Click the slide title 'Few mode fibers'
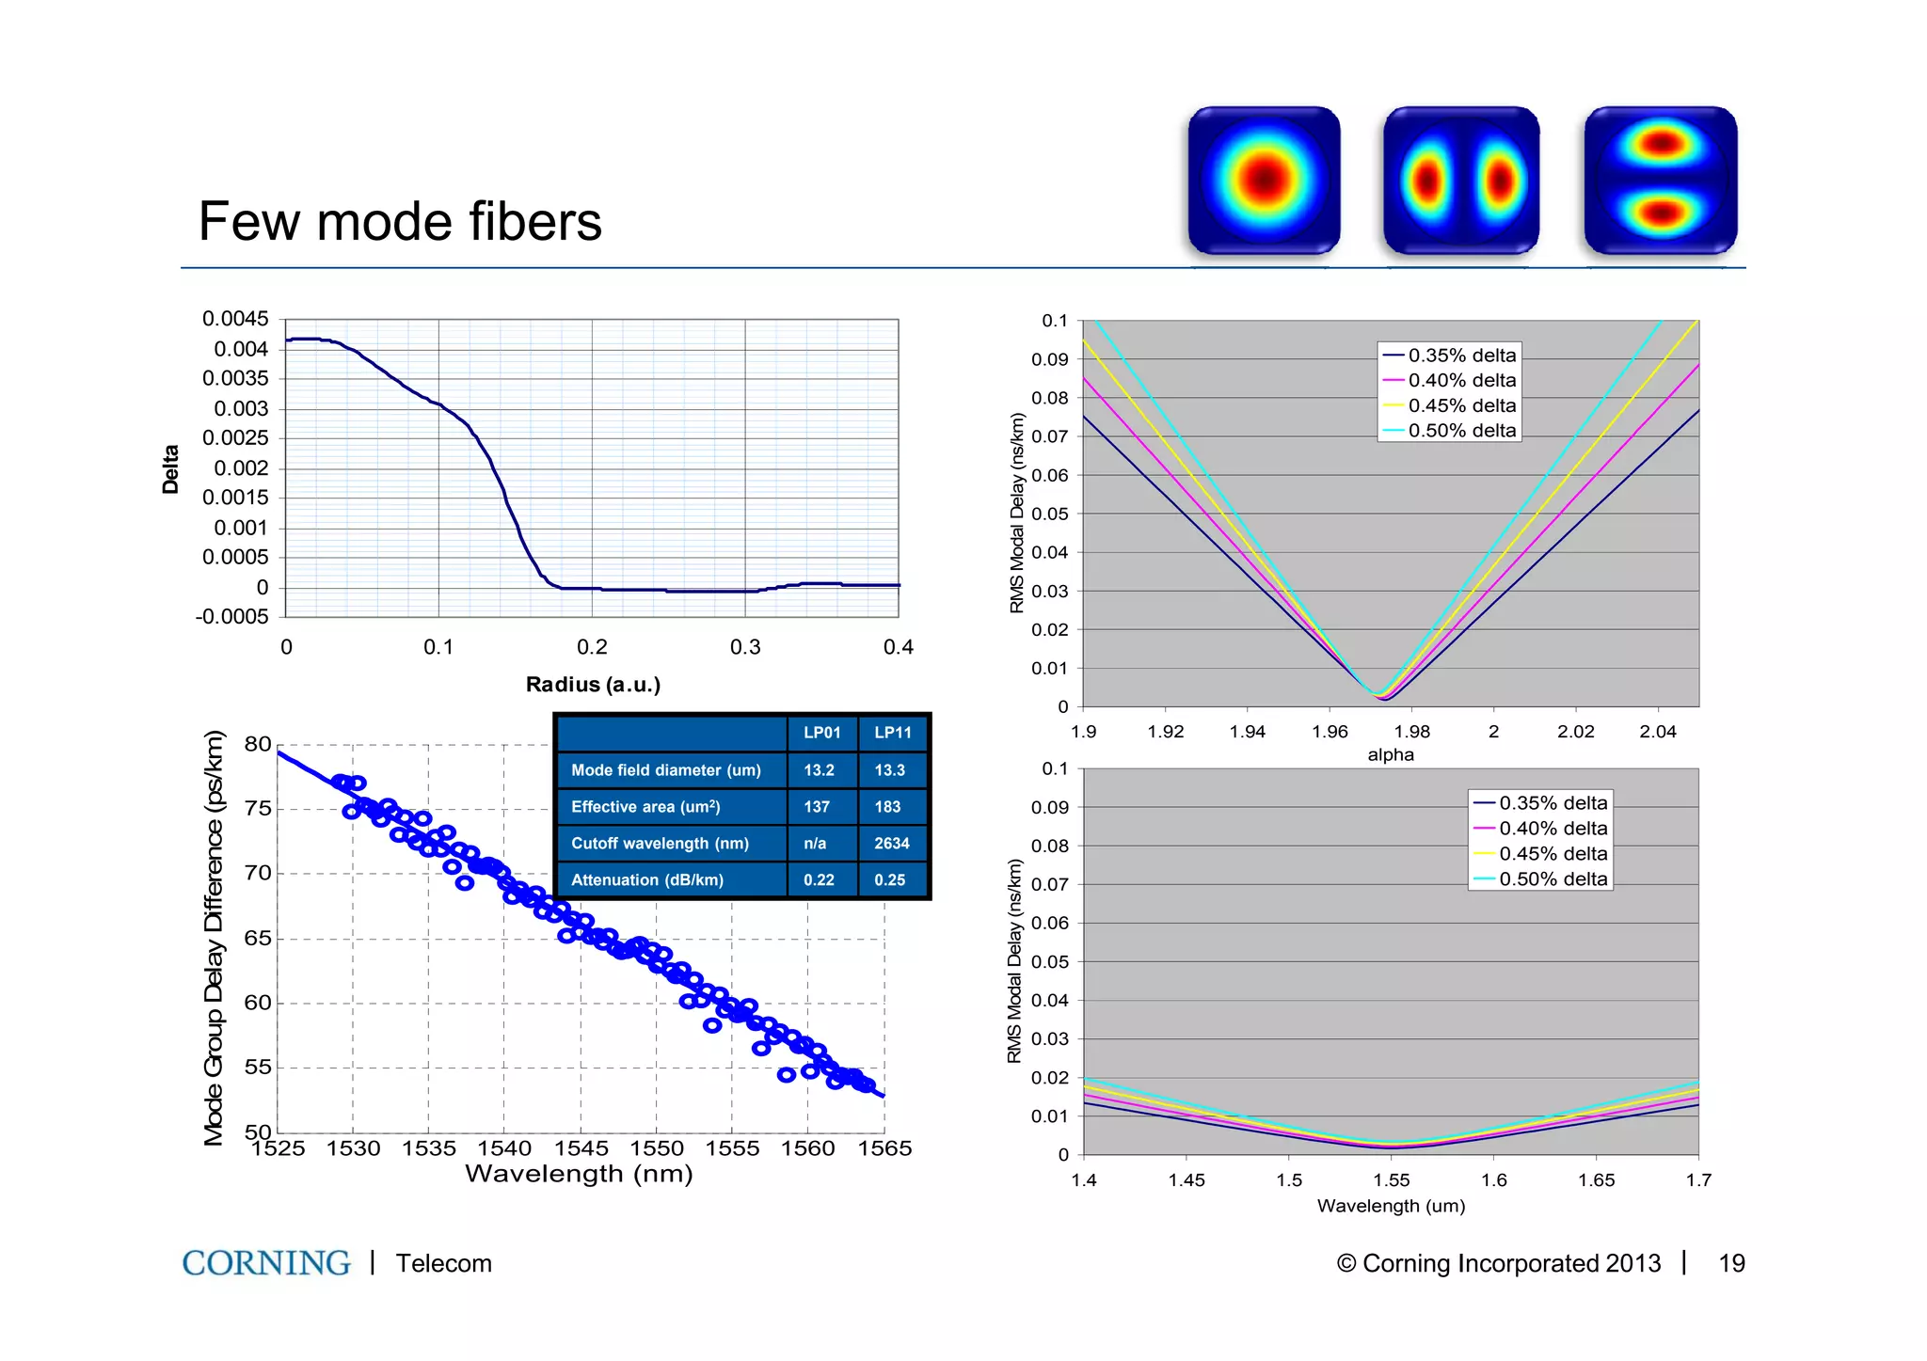pos(400,222)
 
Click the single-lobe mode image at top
pos(1264,180)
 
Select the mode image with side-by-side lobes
pos(1461,180)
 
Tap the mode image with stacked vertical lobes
pos(1661,180)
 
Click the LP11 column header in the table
pos(893,733)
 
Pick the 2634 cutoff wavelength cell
pos(892,844)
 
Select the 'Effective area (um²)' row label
pos(645,807)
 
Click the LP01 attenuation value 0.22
pos(819,880)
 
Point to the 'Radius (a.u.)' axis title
pos(593,685)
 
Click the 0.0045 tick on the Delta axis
pos(235,319)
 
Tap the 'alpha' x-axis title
pos(1391,754)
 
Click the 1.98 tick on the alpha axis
pos(1411,732)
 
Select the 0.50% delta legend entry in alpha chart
pos(1461,431)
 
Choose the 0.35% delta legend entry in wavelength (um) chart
pos(1553,803)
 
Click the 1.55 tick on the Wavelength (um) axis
pos(1392,1180)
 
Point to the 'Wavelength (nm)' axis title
pos(579,1174)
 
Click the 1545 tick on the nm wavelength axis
pos(581,1148)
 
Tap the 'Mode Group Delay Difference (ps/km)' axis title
pos(215,938)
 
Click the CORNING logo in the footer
pos(266,1263)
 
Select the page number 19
pos(1731,1263)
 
